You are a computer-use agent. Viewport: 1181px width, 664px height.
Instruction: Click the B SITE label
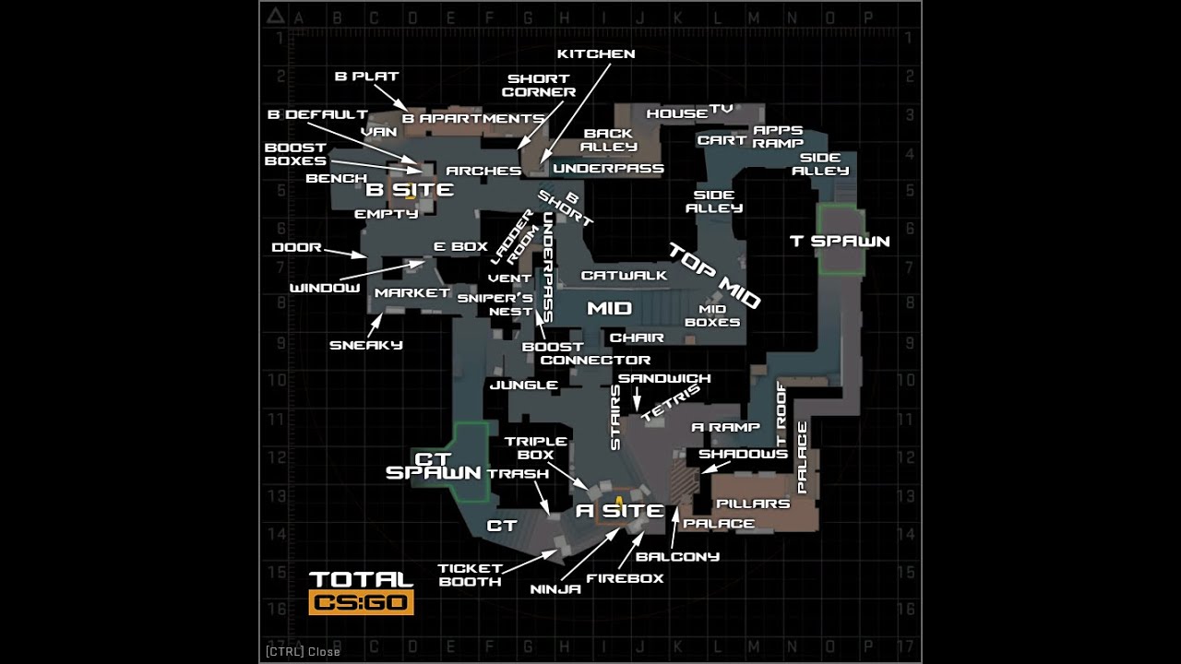click(410, 190)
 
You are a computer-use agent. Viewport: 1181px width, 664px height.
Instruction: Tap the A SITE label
click(619, 511)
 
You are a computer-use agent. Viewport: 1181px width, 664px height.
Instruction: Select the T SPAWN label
click(840, 242)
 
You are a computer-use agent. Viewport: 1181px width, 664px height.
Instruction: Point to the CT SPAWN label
click(434, 466)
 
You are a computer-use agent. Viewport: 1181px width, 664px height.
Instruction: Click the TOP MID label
click(714, 275)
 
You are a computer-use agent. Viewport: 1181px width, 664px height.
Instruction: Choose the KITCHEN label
click(596, 54)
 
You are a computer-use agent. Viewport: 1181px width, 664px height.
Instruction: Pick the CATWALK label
click(624, 275)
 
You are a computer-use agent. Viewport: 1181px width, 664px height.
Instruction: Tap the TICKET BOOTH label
click(470, 575)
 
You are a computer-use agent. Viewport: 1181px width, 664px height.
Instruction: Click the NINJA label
click(555, 589)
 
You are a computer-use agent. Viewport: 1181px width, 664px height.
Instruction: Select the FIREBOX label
click(625, 579)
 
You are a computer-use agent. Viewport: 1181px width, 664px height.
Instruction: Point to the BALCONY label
click(677, 557)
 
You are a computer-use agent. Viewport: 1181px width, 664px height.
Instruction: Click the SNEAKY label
click(366, 346)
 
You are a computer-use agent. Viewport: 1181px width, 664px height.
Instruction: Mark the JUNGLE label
click(523, 385)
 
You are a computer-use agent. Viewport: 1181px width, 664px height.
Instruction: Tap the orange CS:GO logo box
click(361, 603)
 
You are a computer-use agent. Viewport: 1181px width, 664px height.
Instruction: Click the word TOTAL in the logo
click(361, 580)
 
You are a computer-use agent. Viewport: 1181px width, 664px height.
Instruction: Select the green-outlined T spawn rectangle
click(841, 240)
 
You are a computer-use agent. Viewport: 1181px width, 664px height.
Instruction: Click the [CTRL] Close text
click(303, 652)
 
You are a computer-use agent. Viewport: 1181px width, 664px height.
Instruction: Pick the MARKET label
click(412, 293)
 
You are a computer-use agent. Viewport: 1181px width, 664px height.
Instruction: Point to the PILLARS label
click(753, 504)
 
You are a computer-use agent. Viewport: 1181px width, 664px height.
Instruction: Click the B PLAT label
click(366, 77)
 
